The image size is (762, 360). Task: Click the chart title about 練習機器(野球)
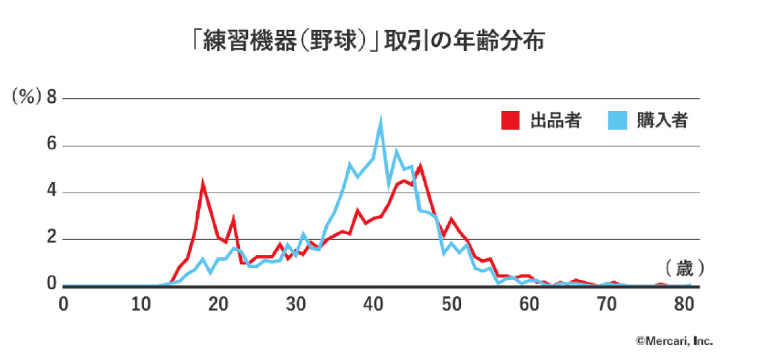(x=368, y=43)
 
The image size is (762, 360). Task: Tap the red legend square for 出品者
(x=510, y=121)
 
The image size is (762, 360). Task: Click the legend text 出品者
(x=556, y=121)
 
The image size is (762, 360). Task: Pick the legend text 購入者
(x=662, y=121)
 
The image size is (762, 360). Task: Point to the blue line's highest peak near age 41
(x=381, y=120)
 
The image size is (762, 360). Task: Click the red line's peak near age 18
(x=203, y=184)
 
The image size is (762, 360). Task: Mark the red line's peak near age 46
(x=420, y=166)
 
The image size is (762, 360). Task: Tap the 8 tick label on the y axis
(x=51, y=98)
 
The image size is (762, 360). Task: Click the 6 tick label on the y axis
(x=51, y=145)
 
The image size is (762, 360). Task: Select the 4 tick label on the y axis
(x=51, y=192)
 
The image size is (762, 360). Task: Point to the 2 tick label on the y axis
(x=51, y=239)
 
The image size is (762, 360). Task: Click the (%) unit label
(x=26, y=98)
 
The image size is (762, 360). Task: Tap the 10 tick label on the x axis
(x=140, y=304)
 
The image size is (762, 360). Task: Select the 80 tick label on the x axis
(x=683, y=304)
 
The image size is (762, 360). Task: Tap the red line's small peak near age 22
(x=234, y=218)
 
